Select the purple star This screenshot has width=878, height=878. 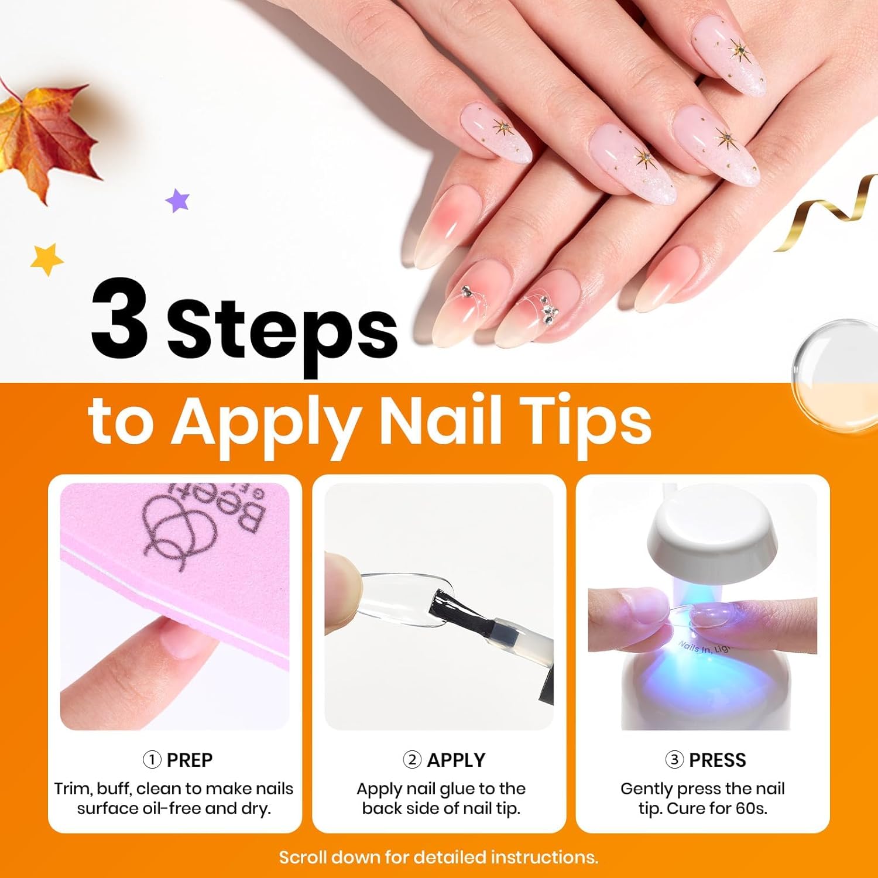[178, 201]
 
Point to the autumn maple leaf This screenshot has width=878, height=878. [44, 138]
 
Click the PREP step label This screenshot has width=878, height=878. [189, 760]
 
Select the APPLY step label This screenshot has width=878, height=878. [455, 760]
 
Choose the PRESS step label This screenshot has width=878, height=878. [717, 760]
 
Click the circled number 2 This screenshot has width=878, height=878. [412, 760]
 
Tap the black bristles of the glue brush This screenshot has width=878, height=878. [446, 605]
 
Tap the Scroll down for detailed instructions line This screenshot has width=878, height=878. [438, 858]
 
